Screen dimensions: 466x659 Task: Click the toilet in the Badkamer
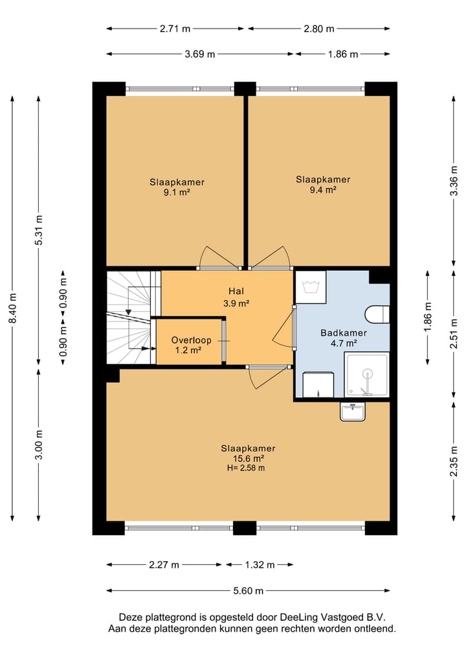tap(377, 314)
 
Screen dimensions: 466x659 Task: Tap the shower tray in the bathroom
tap(367, 375)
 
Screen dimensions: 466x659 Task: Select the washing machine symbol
tap(311, 287)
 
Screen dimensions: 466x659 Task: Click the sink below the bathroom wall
tap(353, 411)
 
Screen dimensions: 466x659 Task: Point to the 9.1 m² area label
tap(177, 193)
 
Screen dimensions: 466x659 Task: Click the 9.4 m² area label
tap(323, 190)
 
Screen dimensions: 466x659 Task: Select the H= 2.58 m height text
tap(245, 468)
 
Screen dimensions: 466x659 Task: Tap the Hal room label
tap(236, 291)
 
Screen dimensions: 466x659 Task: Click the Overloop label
tap(191, 340)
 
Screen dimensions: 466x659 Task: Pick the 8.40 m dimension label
tap(12, 308)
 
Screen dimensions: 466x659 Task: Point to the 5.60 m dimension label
tap(248, 591)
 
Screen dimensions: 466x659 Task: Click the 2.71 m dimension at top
tap(175, 29)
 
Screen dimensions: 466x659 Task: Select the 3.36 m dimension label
tap(454, 180)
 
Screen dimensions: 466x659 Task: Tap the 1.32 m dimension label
tap(260, 565)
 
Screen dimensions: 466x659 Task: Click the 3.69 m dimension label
tap(200, 54)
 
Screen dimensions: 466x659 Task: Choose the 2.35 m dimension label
tap(454, 461)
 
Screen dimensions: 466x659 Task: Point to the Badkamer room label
tap(344, 333)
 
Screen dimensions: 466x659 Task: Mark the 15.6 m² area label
tap(249, 459)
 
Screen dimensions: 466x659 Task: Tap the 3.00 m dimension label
tap(39, 445)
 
